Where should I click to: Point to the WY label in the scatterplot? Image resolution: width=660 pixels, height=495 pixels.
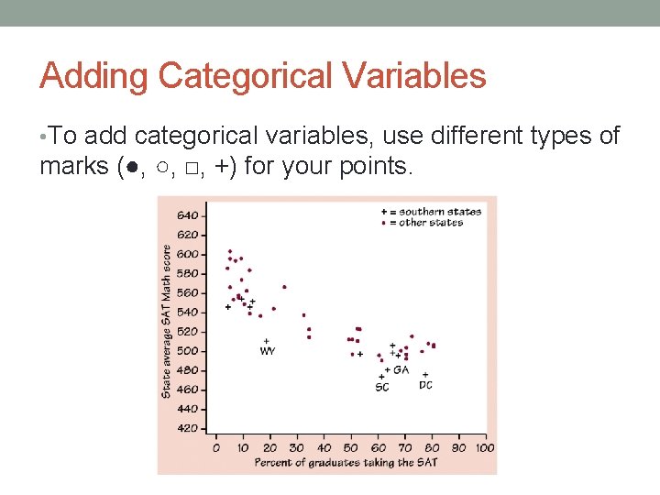(268, 351)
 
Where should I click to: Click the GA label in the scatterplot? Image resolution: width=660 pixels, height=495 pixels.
(401, 370)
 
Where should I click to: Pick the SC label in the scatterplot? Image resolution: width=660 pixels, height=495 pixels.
(382, 388)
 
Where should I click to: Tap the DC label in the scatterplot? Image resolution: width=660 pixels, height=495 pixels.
(425, 386)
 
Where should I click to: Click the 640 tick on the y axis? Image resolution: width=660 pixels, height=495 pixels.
(187, 215)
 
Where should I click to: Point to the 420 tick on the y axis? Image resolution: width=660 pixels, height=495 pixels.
(187, 428)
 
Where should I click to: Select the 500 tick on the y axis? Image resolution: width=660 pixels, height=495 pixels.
(187, 351)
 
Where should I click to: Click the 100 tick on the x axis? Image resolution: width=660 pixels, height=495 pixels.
(485, 448)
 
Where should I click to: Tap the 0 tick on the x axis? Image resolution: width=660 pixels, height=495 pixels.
(216, 448)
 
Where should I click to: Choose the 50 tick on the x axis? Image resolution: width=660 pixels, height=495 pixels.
(351, 448)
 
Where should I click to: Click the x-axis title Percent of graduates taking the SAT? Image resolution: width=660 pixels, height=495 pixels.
(346, 461)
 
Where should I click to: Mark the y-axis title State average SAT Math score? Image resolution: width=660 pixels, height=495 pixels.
(167, 321)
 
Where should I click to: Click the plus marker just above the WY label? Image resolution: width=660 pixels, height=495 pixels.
(266, 341)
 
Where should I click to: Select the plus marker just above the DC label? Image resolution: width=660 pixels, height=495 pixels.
(425, 374)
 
